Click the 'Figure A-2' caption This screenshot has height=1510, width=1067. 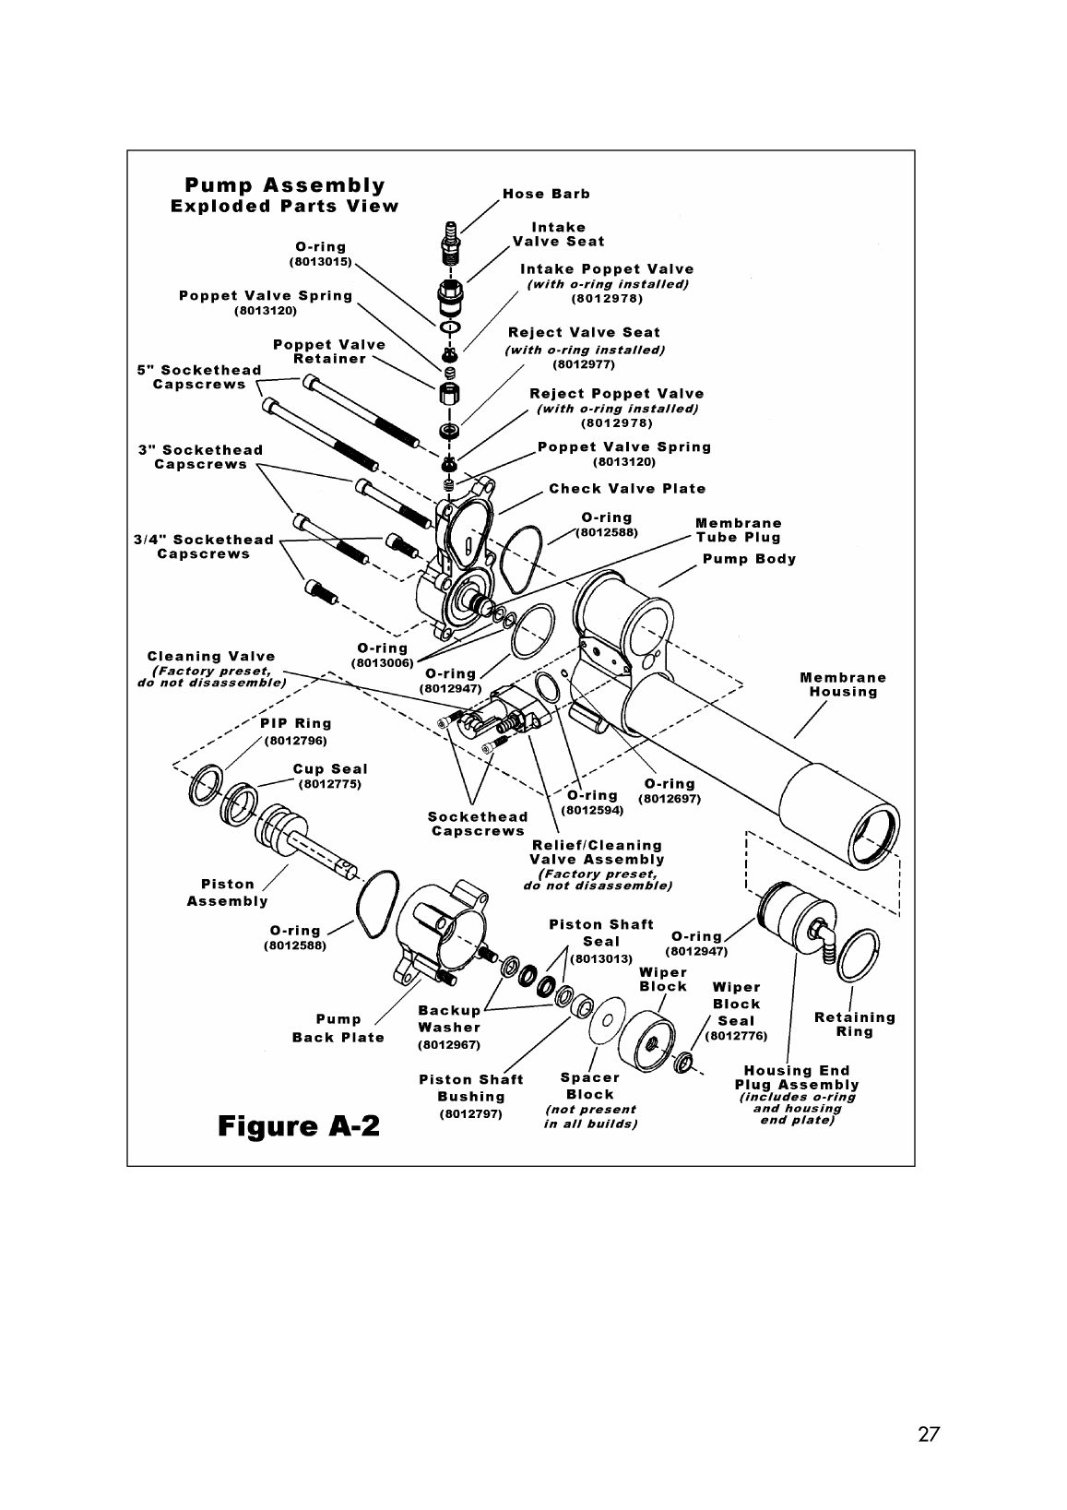[299, 1126]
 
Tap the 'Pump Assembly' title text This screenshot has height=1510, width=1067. [285, 184]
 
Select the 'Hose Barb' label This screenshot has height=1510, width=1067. [546, 194]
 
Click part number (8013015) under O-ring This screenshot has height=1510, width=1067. [320, 262]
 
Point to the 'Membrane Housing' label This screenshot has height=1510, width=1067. [843, 684]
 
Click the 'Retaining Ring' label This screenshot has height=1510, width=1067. [854, 1024]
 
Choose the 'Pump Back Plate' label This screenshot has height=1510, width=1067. [338, 1028]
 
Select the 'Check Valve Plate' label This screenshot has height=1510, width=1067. [627, 489]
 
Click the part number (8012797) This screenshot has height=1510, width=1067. [470, 1114]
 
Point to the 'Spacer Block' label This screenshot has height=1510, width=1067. [590, 1086]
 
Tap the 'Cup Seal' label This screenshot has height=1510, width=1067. [330, 768]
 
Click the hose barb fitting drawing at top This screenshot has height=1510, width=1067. [451, 237]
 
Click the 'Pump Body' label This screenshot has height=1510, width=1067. [749, 559]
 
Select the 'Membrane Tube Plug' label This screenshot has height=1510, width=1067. [738, 530]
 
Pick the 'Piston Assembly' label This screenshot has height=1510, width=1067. [227, 892]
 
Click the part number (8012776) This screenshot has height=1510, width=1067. [736, 1036]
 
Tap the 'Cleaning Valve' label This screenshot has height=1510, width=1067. [211, 656]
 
